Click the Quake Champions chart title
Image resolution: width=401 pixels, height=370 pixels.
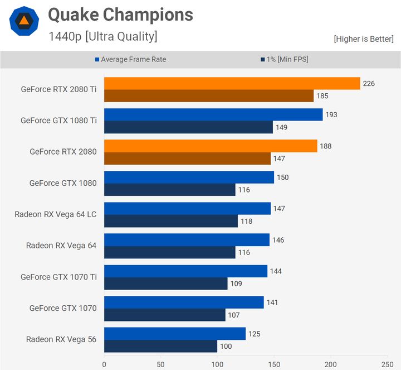tap(121, 15)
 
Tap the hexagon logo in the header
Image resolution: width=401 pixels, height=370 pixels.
tap(24, 21)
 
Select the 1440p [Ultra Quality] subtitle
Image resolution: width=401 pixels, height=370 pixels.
tap(103, 37)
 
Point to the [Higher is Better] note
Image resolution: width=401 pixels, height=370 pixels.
tap(364, 39)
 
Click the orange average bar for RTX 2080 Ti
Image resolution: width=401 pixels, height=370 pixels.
tap(232, 84)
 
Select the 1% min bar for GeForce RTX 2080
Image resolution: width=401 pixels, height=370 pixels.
tap(187, 158)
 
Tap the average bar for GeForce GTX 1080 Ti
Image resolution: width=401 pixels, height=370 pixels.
tap(213, 115)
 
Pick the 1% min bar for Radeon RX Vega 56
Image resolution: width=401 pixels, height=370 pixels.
tap(160, 346)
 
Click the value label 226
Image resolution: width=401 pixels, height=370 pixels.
tap(369, 84)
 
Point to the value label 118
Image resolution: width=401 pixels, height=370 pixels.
tap(246, 221)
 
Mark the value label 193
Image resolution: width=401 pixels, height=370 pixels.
tap(331, 115)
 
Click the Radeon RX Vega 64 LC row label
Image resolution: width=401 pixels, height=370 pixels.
tap(56, 214)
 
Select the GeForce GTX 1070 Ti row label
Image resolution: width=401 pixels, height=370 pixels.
tap(58, 277)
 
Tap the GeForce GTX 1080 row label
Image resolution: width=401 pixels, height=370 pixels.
tap(63, 183)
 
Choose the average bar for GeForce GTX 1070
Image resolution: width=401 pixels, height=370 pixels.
tap(184, 302)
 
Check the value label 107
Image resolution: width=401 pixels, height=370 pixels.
tap(234, 315)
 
